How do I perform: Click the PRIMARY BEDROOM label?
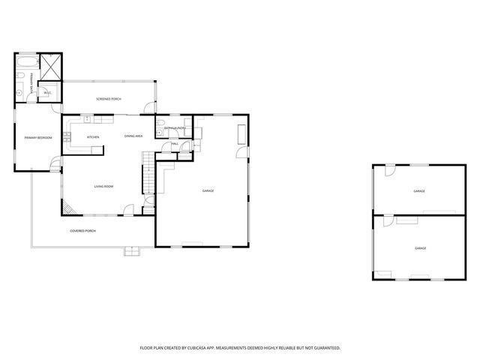click(x=37, y=137)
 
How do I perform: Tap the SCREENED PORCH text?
click(x=109, y=99)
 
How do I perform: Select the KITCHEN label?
click(x=93, y=136)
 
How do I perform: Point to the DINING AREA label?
click(x=133, y=136)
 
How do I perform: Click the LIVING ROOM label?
click(x=103, y=186)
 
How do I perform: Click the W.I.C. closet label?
click(x=46, y=93)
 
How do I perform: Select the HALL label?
click(x=174, y=143)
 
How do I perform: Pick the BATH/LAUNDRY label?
click(x=175, y=128)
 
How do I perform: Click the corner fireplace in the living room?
click(x=67, y=208)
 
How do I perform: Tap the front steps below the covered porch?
click(x=133, y=252)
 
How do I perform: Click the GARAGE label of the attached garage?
click(x=208, y=191)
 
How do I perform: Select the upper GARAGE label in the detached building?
click(x=419, y=191)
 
